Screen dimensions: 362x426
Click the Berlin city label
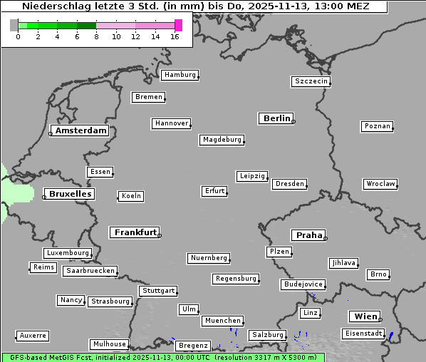pos(276,118)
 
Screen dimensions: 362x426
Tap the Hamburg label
pos(180,75)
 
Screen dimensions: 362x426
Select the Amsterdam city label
pos(80,130)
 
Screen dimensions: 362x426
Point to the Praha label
pos(309,235)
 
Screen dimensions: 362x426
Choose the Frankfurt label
pos(135,232)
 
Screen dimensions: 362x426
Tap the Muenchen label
pos(222,321)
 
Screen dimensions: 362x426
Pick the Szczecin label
pos(311,81)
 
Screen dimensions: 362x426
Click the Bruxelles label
pos(70,194)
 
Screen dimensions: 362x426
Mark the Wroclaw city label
pos(380,184)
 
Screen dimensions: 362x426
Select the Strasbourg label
pos(110,301)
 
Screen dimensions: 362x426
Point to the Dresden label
pos(290,184)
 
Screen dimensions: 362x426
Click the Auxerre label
pos(33,335)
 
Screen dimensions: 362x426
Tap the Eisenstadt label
pos(363,333)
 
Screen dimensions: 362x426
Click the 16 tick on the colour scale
pos(175,36)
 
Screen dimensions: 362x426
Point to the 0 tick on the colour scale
pos(18,36)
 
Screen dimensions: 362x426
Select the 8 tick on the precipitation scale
pos(96,36)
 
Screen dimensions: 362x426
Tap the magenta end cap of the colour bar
pos(178,25)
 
